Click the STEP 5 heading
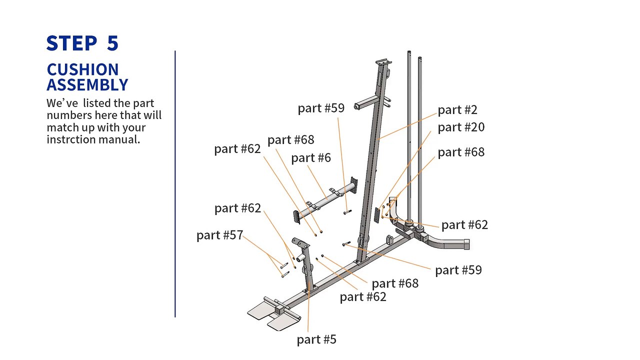(82, 43)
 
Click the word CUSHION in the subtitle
(82, 69)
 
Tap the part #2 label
(457, 109)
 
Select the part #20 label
(460, 127)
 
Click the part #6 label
(310, 158)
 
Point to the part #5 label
(316, 339)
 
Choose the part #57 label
(219, 235)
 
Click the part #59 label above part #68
(320, 108)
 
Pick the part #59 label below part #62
(458, 270)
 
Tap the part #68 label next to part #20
(460, 152)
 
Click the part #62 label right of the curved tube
(464, 225)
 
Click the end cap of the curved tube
(467, 244)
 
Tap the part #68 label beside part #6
(290, 139)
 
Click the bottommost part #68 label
(394, 283)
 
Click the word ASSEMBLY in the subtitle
(87, 85)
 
